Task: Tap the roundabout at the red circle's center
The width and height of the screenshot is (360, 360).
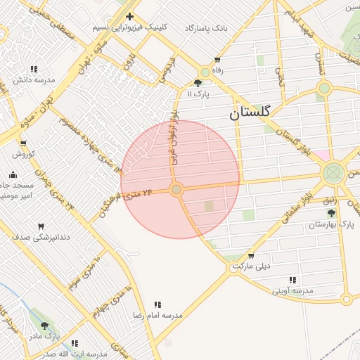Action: (x=176, y=189)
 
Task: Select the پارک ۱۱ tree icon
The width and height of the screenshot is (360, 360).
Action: (x=198, y=83)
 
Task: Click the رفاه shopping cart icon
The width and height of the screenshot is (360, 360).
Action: (x=217, y=60)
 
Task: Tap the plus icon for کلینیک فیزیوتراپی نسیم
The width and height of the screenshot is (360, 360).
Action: (x=129, y=16)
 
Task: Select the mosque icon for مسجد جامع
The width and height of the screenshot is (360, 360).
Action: (x=13, y=174)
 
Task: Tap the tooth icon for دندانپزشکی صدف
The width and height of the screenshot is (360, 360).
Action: (x=41, y=226)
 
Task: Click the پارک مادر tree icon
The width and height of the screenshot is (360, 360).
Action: (x=45, y=326)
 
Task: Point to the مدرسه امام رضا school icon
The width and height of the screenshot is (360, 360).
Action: (x=158, y=305)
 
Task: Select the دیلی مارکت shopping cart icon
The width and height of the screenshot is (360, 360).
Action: (x=252, y=256)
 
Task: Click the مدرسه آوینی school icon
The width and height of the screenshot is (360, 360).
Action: (x=292, y=280)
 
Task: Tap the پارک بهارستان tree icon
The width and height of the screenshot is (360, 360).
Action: (x=331, y=213)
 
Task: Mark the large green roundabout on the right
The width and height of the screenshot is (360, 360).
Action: (x=334, y=173)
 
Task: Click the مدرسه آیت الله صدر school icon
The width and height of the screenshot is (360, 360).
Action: (x=75, y=343)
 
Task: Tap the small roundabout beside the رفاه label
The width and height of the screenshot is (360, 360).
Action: (x=205, y=72)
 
